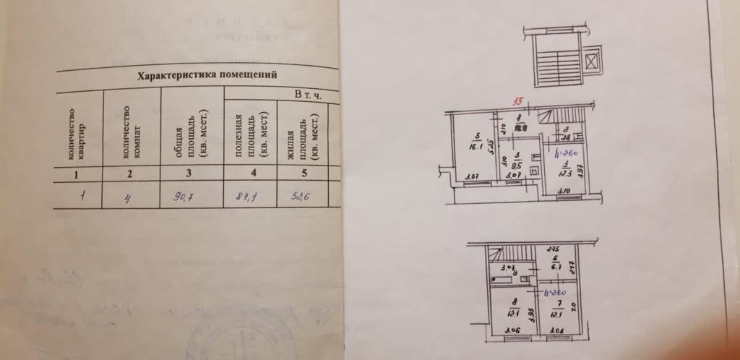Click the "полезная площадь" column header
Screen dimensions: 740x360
pos(247,137)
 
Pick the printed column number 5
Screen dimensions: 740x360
pos(304,173)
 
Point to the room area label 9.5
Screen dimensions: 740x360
pos(518,163)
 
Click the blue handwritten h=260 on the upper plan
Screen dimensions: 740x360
pos(563,154)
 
